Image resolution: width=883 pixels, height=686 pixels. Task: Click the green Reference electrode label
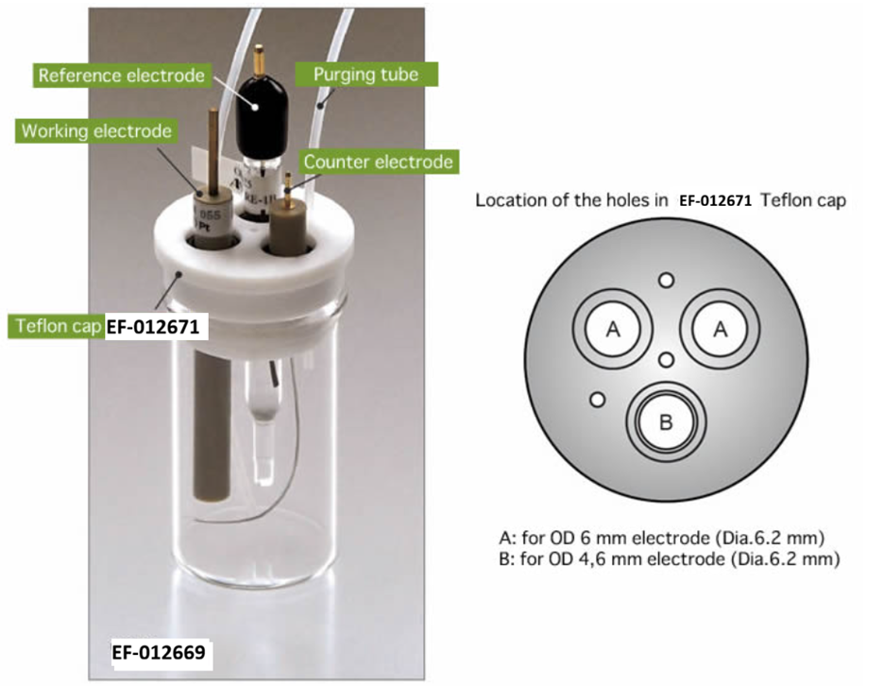[121, 76]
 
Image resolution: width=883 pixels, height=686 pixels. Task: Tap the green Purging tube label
[366, 75]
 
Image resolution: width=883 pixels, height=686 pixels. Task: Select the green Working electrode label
[96, 130]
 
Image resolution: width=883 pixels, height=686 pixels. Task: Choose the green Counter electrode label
[379, 162]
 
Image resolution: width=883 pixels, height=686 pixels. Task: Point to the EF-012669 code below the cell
[159, 653]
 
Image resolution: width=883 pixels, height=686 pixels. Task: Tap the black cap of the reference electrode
[253, 112]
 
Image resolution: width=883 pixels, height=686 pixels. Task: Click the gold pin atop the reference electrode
[258, 60]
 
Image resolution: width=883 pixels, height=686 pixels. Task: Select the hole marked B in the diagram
[666, 421]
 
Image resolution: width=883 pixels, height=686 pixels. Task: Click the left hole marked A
[613, 329]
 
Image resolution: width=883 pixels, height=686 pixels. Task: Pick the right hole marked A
[721, 329]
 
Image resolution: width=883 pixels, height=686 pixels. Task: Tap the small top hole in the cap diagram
[666, 280]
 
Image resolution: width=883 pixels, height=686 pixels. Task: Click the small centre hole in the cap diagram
[666, 360]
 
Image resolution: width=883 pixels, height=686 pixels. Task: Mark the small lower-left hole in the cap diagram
[597, 400]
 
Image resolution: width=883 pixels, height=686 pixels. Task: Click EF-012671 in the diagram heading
[715, 200]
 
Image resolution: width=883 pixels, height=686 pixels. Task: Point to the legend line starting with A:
[661, 538]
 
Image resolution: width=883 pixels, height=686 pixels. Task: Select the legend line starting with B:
[669, 558]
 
